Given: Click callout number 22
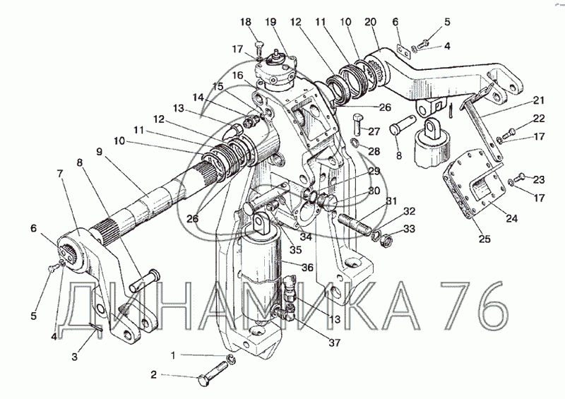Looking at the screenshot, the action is pos(540,118).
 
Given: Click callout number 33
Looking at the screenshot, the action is pos(409,228).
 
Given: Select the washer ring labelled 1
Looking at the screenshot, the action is pos(232,361).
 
